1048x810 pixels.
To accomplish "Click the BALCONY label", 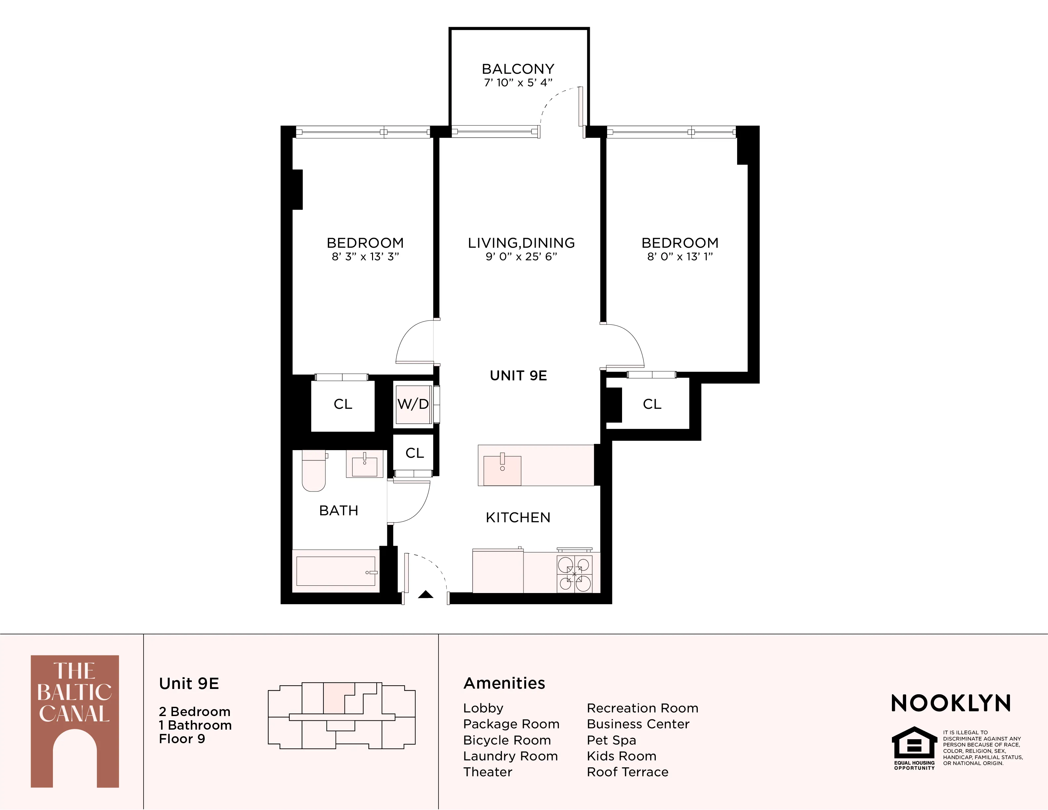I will [x=518, y=69].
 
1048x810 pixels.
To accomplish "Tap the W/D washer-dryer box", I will [x=413, y=404].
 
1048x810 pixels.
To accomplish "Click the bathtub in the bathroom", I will [x=335, y=571].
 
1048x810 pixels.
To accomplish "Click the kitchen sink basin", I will [x=502, y=470].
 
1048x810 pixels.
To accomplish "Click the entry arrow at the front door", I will [x=426, y=595].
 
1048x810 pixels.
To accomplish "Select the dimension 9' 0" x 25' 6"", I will [x=521, y=257].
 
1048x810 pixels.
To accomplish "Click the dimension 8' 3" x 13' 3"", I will [x=365, y=257].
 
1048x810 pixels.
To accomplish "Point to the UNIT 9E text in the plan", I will [x=518, y=376].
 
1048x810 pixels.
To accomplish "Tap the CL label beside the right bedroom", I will [x=651, y=404].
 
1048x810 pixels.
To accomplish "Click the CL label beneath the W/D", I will [x=415, y=453].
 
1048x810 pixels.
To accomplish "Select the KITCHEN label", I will [x=518, y=517].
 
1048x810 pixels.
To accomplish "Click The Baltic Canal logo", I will [x=75, y=721].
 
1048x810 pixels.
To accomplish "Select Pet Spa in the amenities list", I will [x=611, y=740].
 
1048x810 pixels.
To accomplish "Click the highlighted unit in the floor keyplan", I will [x=334, y=698].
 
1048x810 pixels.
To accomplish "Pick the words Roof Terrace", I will [x=627, y=772].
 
